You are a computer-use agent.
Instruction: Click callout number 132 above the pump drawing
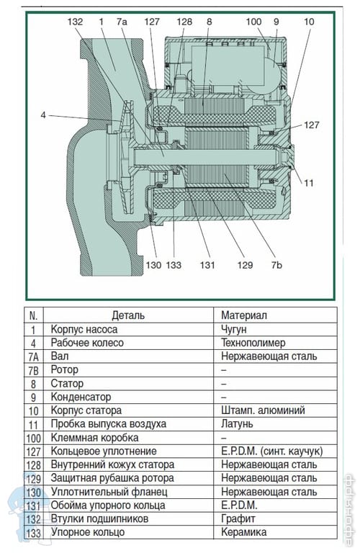(75, 22)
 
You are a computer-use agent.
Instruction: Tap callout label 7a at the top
(121, 22)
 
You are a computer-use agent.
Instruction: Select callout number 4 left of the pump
(43, 115)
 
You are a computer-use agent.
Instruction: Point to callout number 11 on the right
(309, 183)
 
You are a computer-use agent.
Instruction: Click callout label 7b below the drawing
(276, 265)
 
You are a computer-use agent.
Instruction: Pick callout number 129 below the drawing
(245, 265)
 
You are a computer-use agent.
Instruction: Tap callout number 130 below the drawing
(153, 265)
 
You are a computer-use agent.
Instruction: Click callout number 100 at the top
(253, 22)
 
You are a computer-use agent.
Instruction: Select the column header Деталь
(128, 315)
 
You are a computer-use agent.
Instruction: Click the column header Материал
(244, 315)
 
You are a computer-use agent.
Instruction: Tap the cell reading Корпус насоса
(84, 329)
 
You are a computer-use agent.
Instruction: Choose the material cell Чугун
(234, 329)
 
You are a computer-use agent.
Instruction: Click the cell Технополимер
(253, 343)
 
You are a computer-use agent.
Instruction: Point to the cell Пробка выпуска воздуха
(108, 424)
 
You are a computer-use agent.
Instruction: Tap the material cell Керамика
(243, 532)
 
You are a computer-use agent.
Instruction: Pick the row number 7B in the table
(33, 371)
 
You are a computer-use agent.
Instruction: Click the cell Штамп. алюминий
(263, 410)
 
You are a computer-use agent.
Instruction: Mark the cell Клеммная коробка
(94, 438)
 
